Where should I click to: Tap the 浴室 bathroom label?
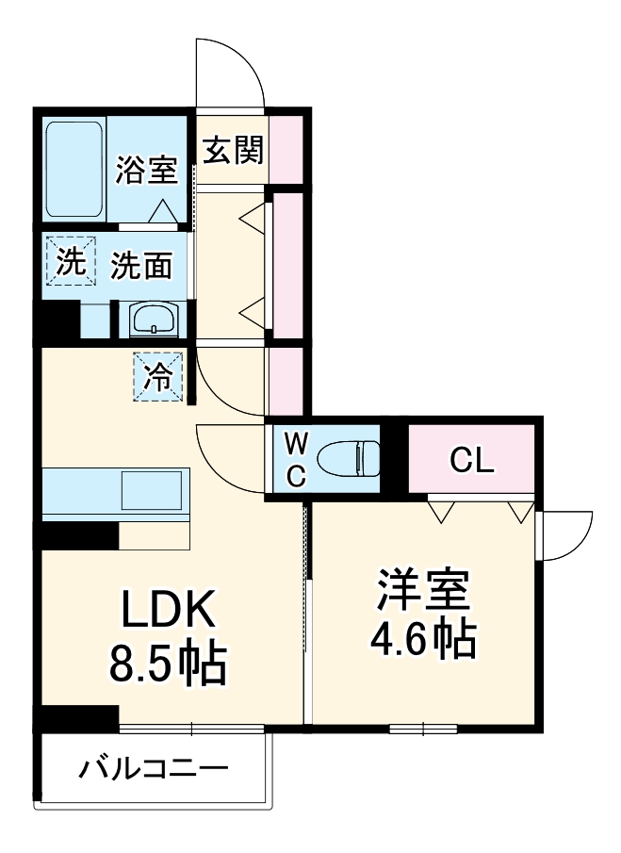click(147, 172)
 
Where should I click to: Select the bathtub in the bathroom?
click(74, 170)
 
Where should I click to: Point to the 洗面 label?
click(141, 267)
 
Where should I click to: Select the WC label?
click(296, 459)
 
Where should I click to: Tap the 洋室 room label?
click(424, 590)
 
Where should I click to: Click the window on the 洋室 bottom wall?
click(423, 728)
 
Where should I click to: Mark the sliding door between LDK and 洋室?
click(306, 613)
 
